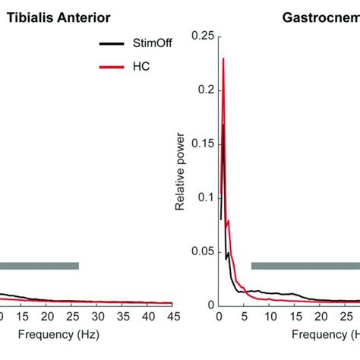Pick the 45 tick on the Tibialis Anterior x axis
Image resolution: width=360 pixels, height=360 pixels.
(x=172, y=317)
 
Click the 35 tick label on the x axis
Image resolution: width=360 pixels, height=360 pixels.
(x=122, y=317)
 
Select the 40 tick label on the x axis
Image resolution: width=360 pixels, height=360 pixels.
(x=147, y=317)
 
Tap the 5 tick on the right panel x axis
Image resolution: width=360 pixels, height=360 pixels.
(x=244, y=317)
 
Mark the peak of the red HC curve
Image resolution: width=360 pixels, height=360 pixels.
(x=223, y=58)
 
